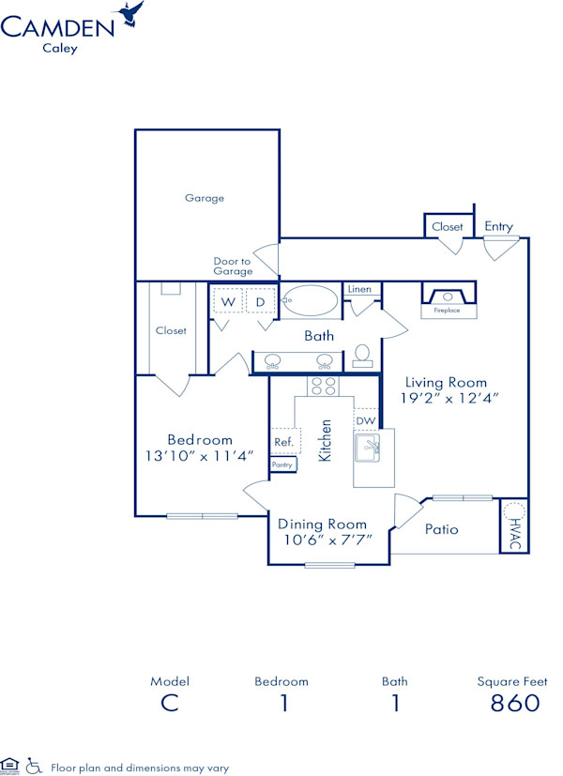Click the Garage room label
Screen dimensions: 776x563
tap(204, 198)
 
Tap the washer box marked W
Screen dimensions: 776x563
tap(227, 302)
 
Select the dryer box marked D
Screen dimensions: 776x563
tap(260, 302)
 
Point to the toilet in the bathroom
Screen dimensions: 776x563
tap(363, 356)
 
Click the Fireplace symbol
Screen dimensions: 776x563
tap(447, 298)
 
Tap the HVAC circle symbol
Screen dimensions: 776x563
tap(514, 512)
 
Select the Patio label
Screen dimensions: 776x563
tap(441, 529)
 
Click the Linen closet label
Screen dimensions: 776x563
tap(359, 289)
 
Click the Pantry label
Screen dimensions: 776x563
tap(282, 464)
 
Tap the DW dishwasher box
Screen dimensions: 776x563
tap(365, 421)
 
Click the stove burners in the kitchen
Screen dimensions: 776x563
tap(324, 386)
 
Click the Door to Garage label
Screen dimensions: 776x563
tap(232, 266)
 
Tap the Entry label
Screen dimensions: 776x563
tap(498, 226)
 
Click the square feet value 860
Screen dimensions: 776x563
tap(515, 703)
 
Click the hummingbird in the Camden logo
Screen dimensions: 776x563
tap(130, 13)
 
